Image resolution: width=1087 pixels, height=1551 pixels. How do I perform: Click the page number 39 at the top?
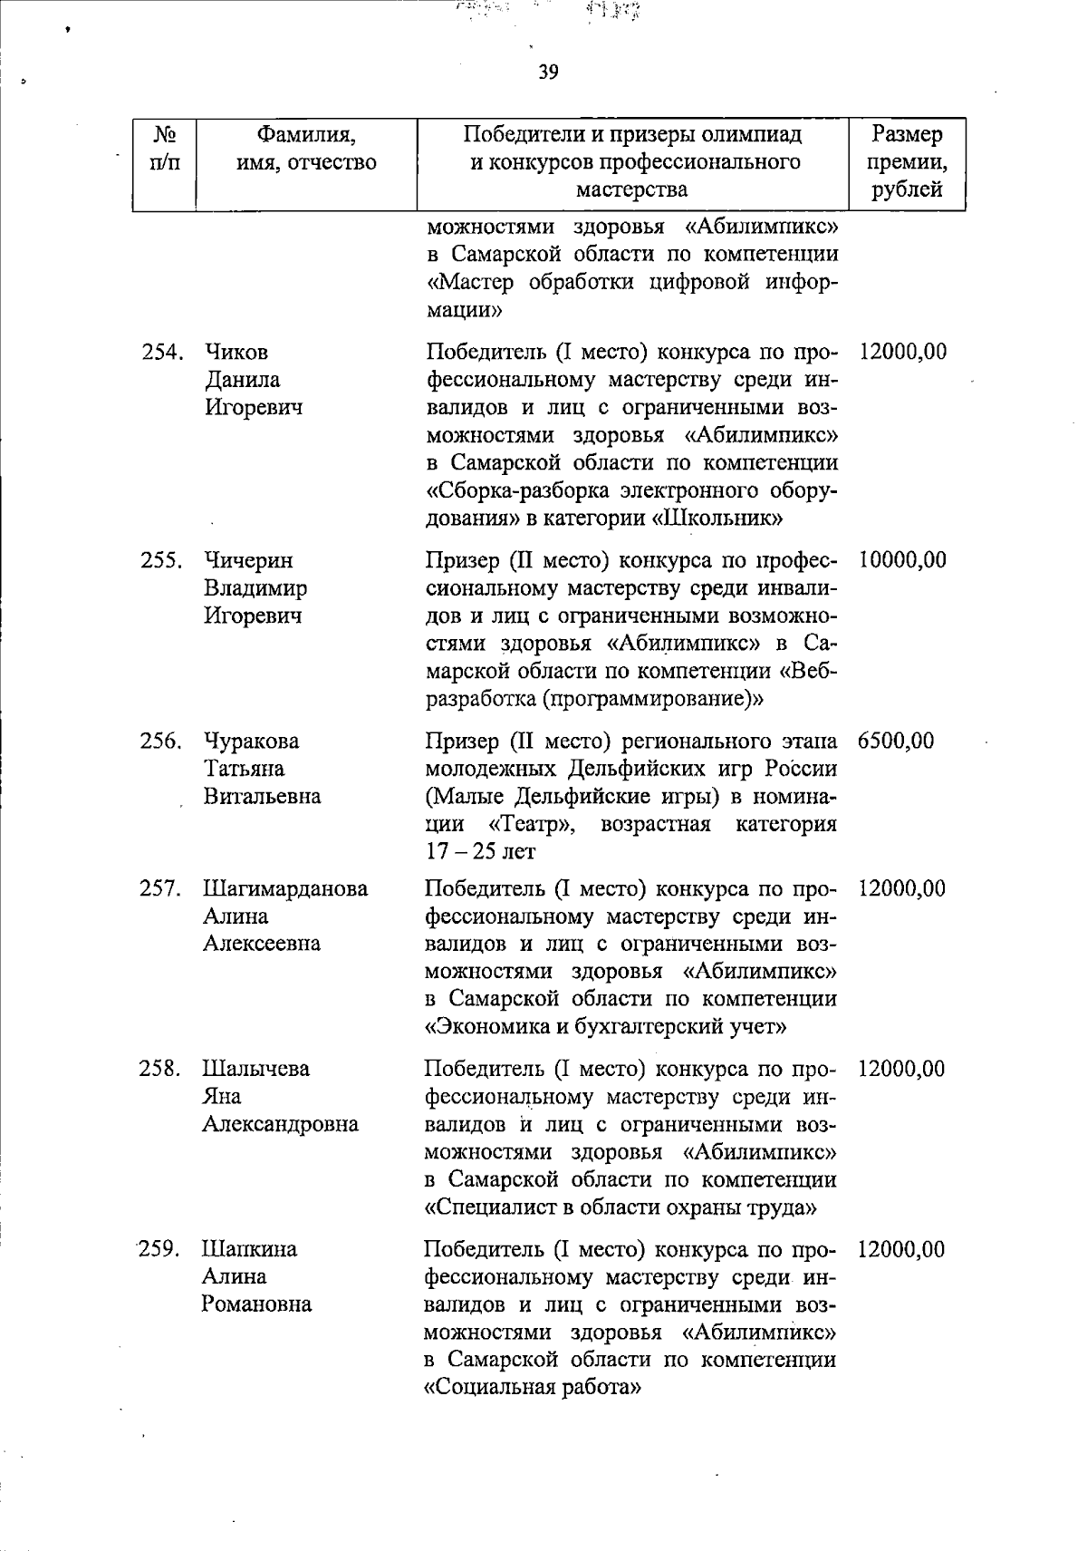click(x=548, y=73)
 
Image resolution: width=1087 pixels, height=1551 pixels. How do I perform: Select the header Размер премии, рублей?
click(x=907, y=162)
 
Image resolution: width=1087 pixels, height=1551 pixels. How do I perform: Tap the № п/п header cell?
click(x=164, y=149)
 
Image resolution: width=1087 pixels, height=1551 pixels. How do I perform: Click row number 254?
click(x=163, y=352)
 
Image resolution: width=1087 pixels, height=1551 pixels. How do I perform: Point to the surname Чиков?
click(x=236, y=352)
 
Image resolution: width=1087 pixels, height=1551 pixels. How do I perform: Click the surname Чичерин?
click(x=248, y=560)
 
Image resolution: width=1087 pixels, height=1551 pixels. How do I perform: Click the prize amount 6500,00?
click(x=895, y=741)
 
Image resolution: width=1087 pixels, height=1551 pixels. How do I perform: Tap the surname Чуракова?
click(x=251, y=741)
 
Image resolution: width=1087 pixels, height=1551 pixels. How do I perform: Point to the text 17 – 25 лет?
click(x=480, y=852)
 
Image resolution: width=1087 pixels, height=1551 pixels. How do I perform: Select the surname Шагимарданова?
click(x=285, y=888)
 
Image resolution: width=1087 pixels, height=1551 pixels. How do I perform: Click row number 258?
click(x=161, y=1069)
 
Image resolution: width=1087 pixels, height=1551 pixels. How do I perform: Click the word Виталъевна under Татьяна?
click(x=262, y=797)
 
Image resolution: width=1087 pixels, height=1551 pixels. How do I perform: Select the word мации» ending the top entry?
click(x=464, y=310)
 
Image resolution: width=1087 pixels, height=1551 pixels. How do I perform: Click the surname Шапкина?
click(x=249, y=1249)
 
